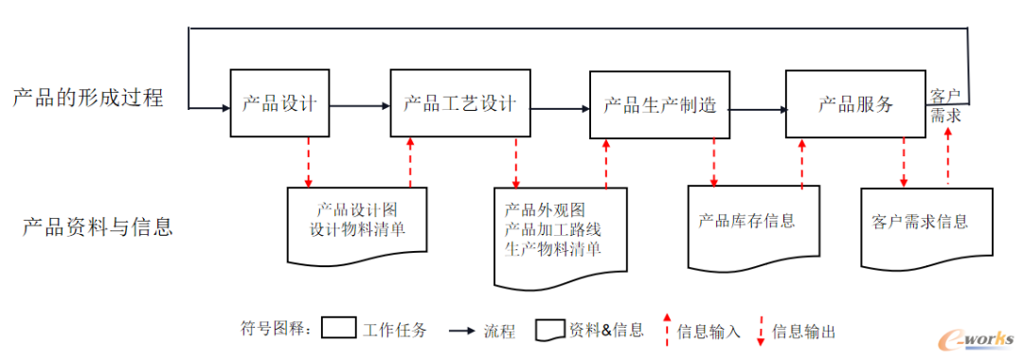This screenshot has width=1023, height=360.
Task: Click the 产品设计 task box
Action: [279, 103]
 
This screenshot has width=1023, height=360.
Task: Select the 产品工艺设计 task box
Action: [459, 103]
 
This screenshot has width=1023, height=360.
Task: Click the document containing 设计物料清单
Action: [357, 222]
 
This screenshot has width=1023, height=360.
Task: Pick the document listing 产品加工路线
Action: [560, 231]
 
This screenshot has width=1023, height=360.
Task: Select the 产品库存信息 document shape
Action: [753, 224]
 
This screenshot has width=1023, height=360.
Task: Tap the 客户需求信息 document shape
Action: [926, 224]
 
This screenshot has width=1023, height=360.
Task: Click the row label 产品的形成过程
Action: [88, 97]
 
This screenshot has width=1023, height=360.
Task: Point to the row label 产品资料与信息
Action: [98, 227]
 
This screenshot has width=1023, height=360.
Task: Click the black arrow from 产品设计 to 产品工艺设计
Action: [360, 105]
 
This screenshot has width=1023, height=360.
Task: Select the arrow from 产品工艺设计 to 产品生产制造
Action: [560, 108]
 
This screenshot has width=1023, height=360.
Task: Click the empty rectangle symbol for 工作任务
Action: [338, 329]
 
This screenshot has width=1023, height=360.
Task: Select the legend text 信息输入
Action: [709, 332]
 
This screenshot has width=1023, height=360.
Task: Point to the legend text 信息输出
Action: [804, 332]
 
